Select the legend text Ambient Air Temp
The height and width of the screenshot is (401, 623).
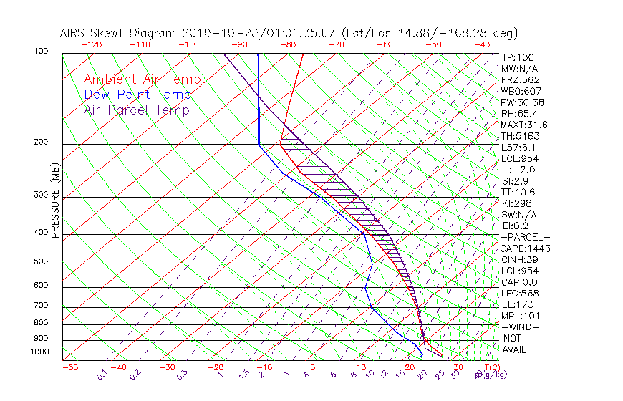coord(142,79)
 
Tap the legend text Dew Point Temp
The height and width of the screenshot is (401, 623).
coord(137,95)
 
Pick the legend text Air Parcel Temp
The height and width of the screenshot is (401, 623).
coord(136,110)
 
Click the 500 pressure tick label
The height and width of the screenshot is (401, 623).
coord(41,262)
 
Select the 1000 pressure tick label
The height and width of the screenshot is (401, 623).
coord(39,352)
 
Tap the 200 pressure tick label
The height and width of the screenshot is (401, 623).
coord(41,142)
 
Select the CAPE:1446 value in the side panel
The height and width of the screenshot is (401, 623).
coord(523,248)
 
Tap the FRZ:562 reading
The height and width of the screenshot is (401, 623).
coord(520,79)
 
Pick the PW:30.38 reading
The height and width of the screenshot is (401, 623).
coord(521,102)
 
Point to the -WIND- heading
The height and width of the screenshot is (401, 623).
coord(521,327)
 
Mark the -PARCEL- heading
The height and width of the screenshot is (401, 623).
coord(525,237)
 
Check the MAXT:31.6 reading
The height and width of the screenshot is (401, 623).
coord(523,125)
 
